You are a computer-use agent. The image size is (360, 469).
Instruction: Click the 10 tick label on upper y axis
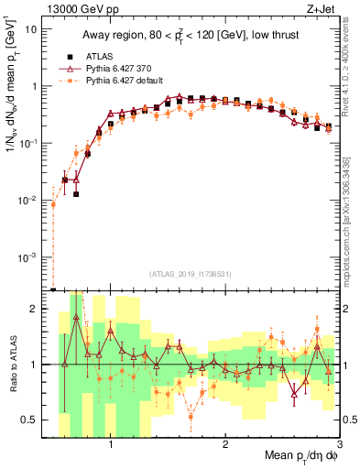point(30,28)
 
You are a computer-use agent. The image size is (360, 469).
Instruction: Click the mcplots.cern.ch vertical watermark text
point(352,220)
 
